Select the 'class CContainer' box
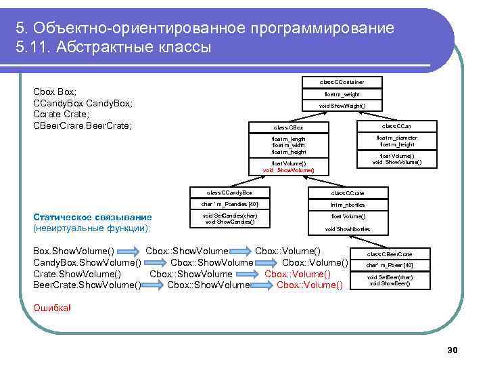[342, 82]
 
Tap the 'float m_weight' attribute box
[342, 94]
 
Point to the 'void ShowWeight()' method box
[342, 106]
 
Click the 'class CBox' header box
[288, 127]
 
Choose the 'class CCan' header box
[397, 126]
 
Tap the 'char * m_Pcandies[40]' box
[229, 204]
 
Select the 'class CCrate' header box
[348, 193]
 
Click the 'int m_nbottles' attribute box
[348, 204]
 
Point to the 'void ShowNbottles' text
[348, 229]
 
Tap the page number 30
[453, 350]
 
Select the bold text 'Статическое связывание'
[93, 217]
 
